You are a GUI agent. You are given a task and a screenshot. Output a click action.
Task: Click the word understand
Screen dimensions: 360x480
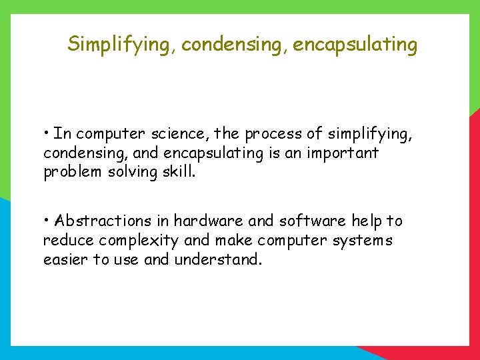[x=218, y=259]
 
